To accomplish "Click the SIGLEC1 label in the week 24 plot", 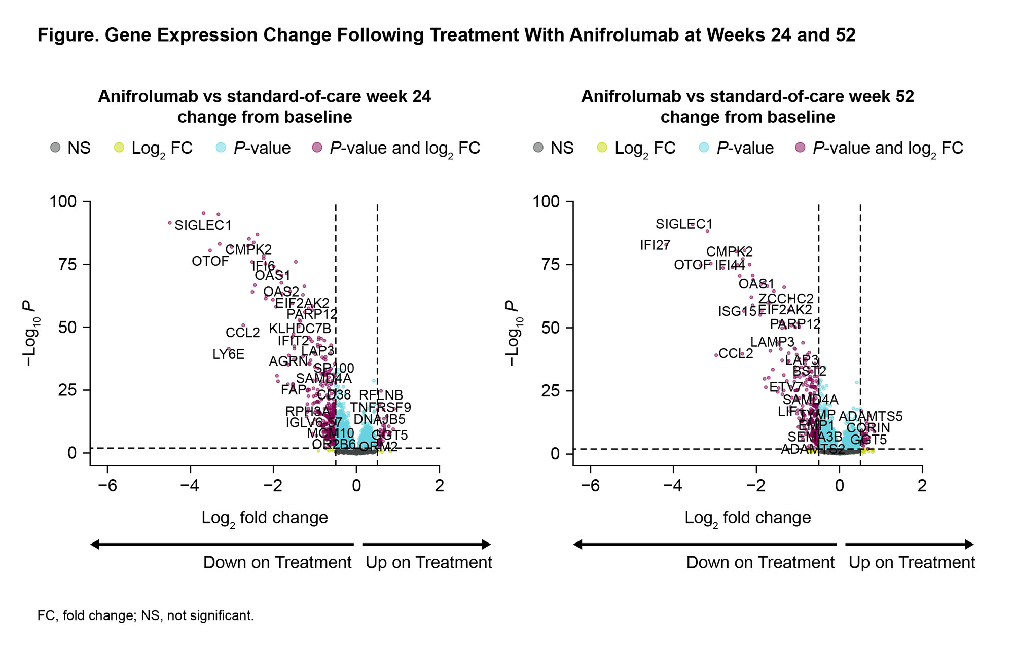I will pos(203,225).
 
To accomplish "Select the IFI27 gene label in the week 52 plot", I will pos(655,245).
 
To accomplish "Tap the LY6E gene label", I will pos(228,354).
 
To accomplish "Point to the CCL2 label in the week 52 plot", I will pos(736,353).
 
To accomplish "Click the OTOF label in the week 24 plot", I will pos(210,261).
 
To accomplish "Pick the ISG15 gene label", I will pos(737,311).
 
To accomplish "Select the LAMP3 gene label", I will pos(772,342).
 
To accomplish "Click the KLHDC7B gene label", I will pos(300,329).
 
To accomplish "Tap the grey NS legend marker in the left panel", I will pos(55,148).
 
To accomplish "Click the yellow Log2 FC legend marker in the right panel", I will pos(602,148).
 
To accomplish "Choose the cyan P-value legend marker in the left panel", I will pos(221,148).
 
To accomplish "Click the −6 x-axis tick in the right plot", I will pos(590,486).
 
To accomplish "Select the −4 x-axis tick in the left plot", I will pos(190,486).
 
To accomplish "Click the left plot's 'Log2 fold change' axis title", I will pos(265,518).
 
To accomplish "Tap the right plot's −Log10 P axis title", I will pos(514,333).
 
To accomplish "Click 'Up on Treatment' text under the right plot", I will pos(912,563).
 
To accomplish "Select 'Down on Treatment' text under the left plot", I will pos(277,563).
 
